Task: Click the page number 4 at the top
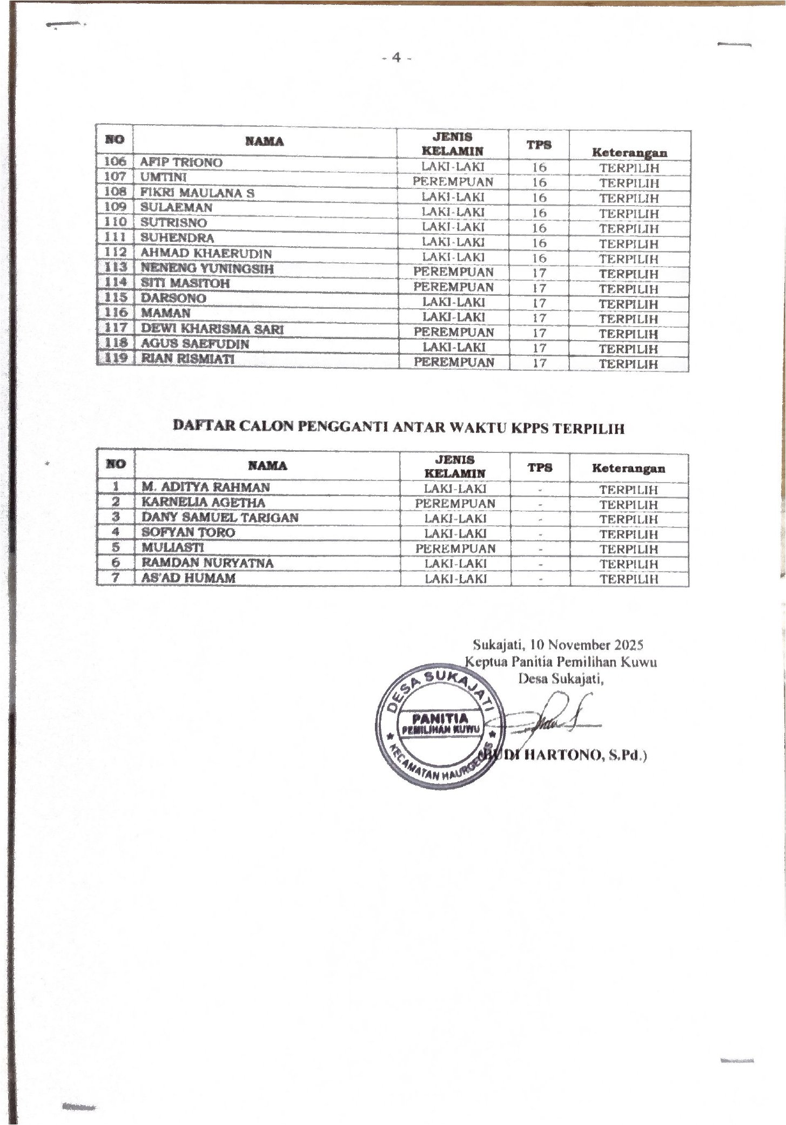(x=397, y=57)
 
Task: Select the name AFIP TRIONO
(x=181, y=162)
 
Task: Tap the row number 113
(x=115, y=267)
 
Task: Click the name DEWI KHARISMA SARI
(x=212, y=329)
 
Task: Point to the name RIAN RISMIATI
(x=187, y=358)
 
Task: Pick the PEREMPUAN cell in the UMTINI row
(x=453, y=182)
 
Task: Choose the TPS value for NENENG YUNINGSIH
(x=539, y=273)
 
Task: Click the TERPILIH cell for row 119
(x=629, y=364)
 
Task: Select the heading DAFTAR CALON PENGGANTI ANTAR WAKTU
(x=398, y=428)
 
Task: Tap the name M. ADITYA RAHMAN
(x=205, y=487)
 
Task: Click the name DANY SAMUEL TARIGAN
(x=219, y=517)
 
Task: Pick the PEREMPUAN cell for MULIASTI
(x=455, y=548)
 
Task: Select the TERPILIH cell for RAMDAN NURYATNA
(x=629, y=564)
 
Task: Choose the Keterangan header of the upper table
(x=629, y=153)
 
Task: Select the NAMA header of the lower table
(x=267, y=466)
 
